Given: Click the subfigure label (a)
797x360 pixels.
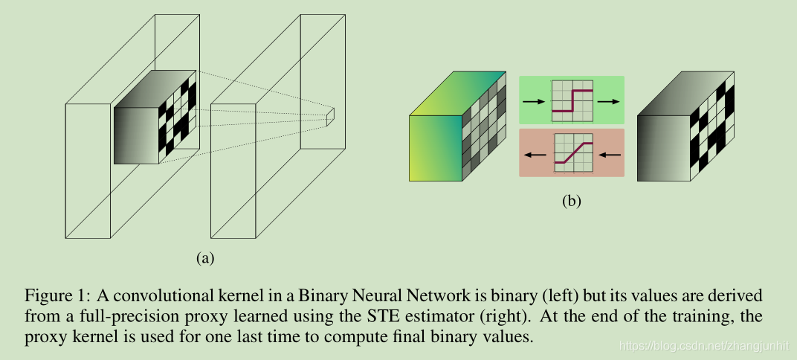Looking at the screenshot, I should click(x=204, y=258).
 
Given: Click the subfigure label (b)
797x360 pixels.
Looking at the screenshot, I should click(x=571, y=200).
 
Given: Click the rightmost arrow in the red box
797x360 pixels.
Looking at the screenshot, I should click(x=609, y=155).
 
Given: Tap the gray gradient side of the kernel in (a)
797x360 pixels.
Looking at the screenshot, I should click(x=136, y=134).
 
